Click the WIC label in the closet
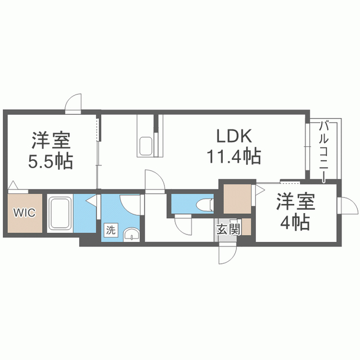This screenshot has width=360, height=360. (x=25, y=213)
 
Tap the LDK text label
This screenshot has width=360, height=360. (x=234, y=136)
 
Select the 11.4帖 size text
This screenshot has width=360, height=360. (x=234, y=156)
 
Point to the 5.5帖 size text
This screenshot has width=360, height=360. (x=50, y=161)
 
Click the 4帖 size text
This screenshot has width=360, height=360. (x=295, y=223)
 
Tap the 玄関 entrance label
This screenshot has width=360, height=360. (x=228, y=229)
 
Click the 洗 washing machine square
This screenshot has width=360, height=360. (x=111, y=230)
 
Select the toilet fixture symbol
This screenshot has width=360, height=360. (x=205, y=204)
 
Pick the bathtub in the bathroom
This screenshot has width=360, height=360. (x=60, y=213)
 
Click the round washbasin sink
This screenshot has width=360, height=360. (x=132, y=235)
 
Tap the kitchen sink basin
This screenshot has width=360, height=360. (x=146, y=146)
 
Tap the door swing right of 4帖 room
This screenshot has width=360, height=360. (x=348, y=205)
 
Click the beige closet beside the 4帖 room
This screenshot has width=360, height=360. (x=237, y=199)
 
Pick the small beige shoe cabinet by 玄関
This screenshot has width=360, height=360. (x=246, y=227)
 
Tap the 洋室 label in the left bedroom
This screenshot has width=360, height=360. (x=51, y=140)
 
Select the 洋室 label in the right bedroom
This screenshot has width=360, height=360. (x=295, y=201)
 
